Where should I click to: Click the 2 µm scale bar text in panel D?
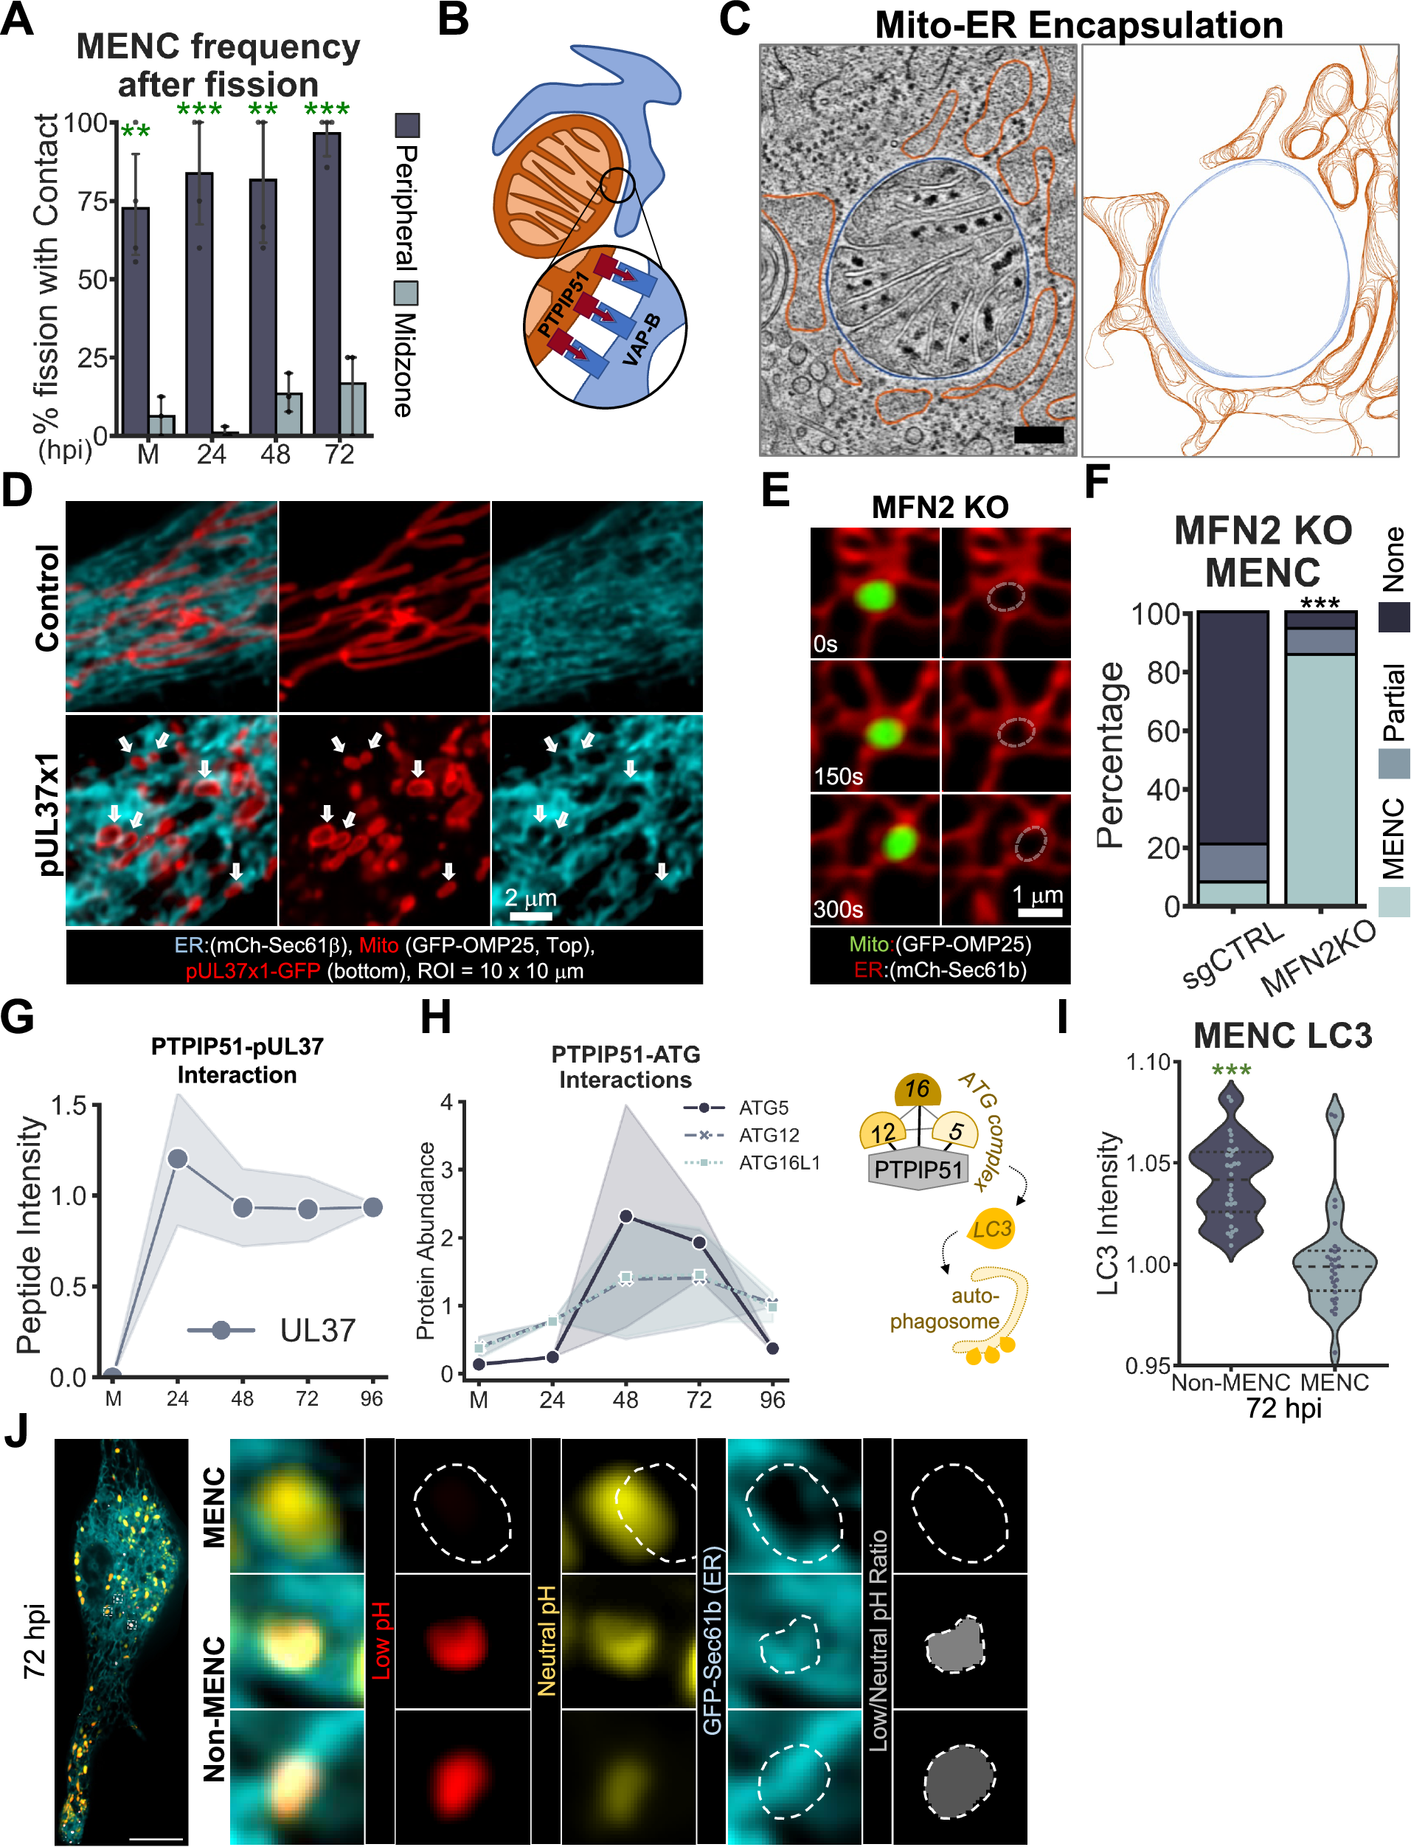[x=530, y=897]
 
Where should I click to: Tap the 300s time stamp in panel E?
[x=837, y=909]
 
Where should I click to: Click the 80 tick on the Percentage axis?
[x=1164, y=672]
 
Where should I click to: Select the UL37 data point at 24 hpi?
[x=178, y=1159]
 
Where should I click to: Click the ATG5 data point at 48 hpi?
[x=625, y=1216]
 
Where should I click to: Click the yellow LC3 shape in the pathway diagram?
[x=991, y=1229]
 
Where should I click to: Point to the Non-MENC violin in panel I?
[x=1230, y=1176]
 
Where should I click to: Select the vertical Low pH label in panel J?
[x=381, y=1640]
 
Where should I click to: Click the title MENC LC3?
[x=1282, y=1035]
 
